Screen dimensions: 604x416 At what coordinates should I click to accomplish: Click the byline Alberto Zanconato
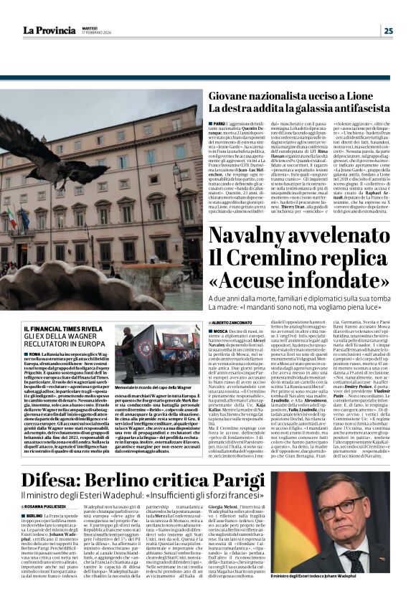tap(231, 324)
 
